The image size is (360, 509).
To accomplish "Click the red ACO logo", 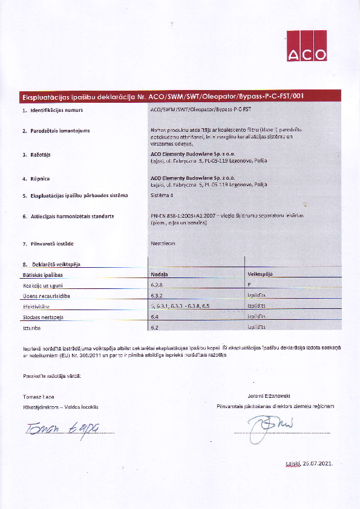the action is pos(307,46).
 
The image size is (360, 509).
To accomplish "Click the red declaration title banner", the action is pos(180,96).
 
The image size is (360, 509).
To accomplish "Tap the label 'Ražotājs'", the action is pos(40,155).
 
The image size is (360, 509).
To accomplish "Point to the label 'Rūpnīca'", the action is pos(39,178).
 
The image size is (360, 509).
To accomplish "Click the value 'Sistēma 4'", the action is pos(161,195).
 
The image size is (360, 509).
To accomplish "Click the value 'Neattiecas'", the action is pos(162,243).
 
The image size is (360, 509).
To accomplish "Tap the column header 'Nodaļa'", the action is pos(159,274).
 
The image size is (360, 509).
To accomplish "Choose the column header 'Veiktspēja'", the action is pos(260,274).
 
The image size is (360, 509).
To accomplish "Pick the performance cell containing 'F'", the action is pos(249,285).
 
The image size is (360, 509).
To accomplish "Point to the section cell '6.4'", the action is pos(154,317).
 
